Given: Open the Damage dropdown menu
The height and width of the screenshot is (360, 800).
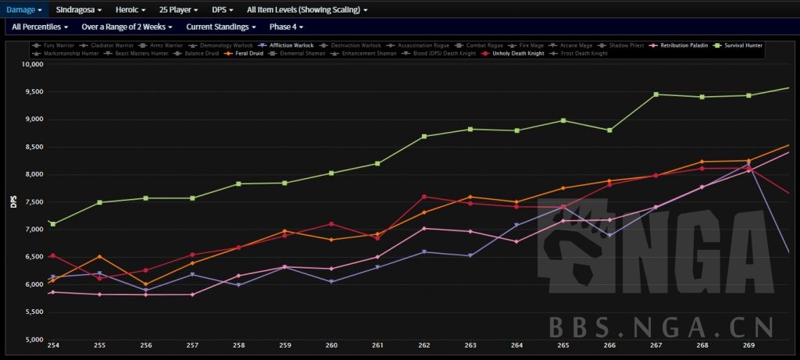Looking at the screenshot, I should coord(23,10).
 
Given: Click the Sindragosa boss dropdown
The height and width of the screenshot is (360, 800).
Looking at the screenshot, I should coord(78,10).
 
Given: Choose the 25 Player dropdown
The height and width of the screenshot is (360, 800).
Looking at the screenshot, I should coord(178,10).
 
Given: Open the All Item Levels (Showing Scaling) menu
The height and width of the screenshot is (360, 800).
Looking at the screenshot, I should coord(307,10).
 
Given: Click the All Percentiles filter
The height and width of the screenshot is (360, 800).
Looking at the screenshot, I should coord(40,27).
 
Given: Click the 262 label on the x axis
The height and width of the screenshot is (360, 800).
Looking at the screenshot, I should coord(424,345).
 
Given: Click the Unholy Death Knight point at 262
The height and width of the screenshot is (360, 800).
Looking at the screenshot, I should coord(424,197).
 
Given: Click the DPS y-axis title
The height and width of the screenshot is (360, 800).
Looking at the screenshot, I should coord(12,201).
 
